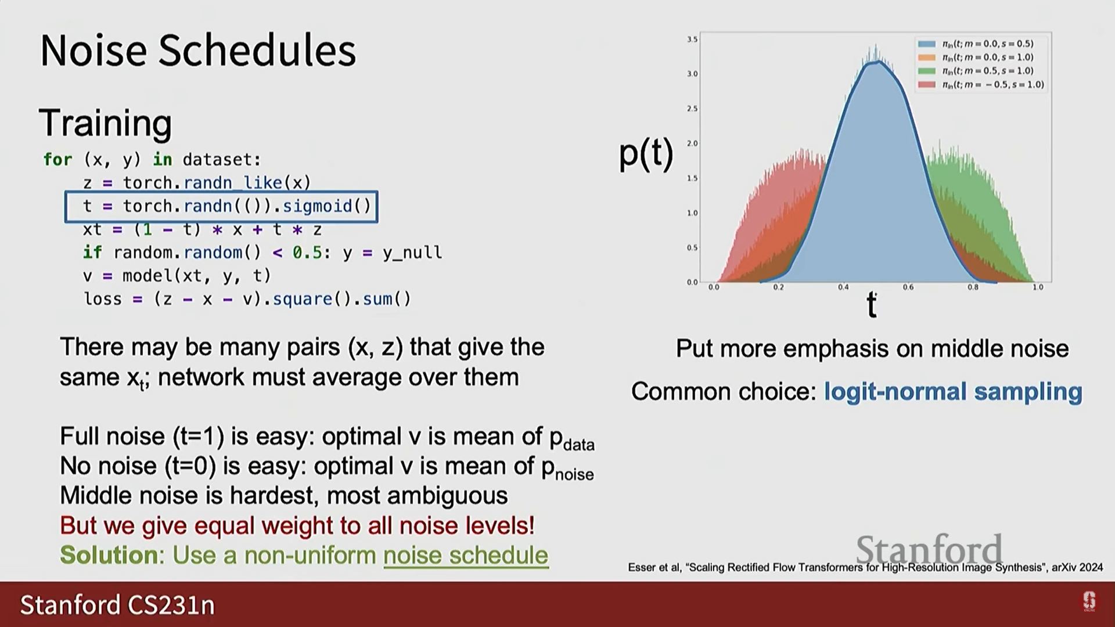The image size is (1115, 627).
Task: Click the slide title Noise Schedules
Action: coord(198,51)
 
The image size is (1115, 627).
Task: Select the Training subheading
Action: coord(106,123)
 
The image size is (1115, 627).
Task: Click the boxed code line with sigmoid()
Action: coord(221,207)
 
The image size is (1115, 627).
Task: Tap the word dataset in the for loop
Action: coord(222,160)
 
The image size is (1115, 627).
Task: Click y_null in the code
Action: coord(412,253)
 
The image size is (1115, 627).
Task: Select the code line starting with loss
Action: coord(247,299)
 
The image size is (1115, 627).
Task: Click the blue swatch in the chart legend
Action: coord(927,44)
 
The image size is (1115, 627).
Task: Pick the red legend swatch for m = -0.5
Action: coord(927,85)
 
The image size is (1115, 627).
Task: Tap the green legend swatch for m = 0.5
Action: coord(927,71)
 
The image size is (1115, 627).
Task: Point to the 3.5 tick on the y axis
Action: coord(692,39)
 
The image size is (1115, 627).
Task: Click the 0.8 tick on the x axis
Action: coord(973,287)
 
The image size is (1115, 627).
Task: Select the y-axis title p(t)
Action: coord(646,153)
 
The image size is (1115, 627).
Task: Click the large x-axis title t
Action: coord(871,304)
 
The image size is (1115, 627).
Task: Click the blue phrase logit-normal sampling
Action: coord(953,392)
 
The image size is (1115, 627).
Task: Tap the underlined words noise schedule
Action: coord(466,556)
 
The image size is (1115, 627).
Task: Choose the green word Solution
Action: coord(109,556)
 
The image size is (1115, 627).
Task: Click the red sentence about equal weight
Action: coord(297,525)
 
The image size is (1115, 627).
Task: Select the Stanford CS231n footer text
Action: coord(117,605)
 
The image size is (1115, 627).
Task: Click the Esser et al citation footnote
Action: coord(865,567)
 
